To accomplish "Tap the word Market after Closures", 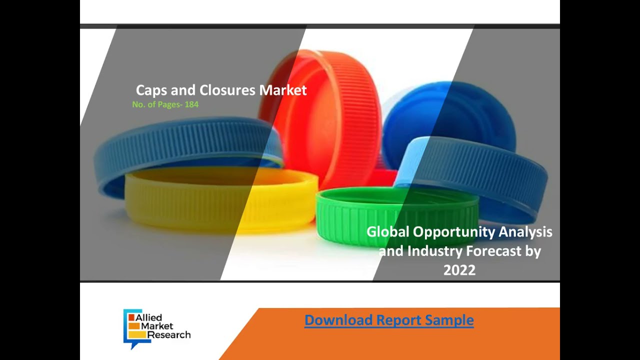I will (283, 90).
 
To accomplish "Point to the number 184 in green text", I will (191, 104).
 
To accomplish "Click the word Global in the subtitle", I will (387, 232).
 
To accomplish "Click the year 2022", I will (459, 270).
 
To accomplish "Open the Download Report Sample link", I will (389, 320).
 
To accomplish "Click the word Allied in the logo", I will (149, 317).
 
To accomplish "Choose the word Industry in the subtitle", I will (435, 251).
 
